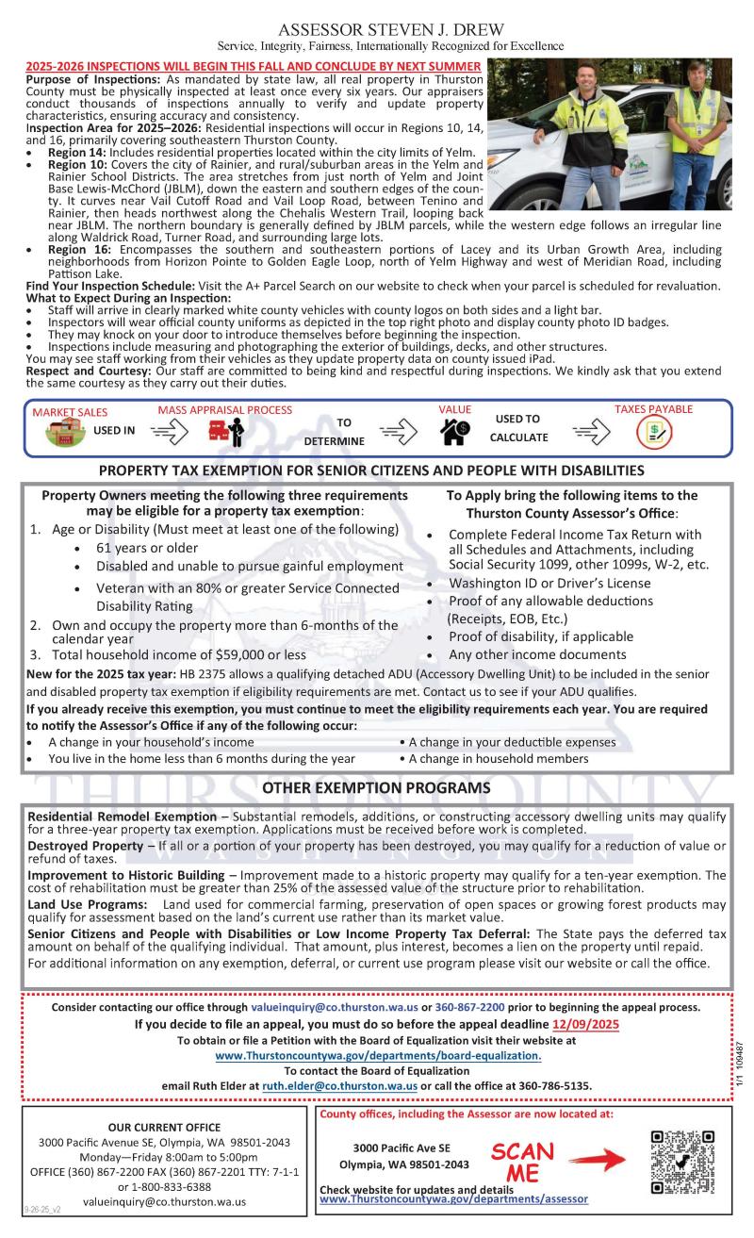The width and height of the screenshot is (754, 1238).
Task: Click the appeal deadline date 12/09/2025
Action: [585, 1024]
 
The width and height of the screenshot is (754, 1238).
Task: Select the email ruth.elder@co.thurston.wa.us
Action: [339, 1085]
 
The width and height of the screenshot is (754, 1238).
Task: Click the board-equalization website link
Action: [378, 1055]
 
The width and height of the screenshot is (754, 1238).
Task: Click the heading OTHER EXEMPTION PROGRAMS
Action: [376, 787]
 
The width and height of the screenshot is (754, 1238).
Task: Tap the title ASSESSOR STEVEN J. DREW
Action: [378, 29]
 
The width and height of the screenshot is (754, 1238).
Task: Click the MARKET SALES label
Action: [70, 412]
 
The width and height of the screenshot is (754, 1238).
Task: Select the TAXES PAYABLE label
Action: [653, 409]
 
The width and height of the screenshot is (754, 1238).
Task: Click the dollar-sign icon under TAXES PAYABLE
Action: [653, 432]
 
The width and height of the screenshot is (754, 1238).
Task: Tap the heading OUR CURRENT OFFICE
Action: [164, 1127]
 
